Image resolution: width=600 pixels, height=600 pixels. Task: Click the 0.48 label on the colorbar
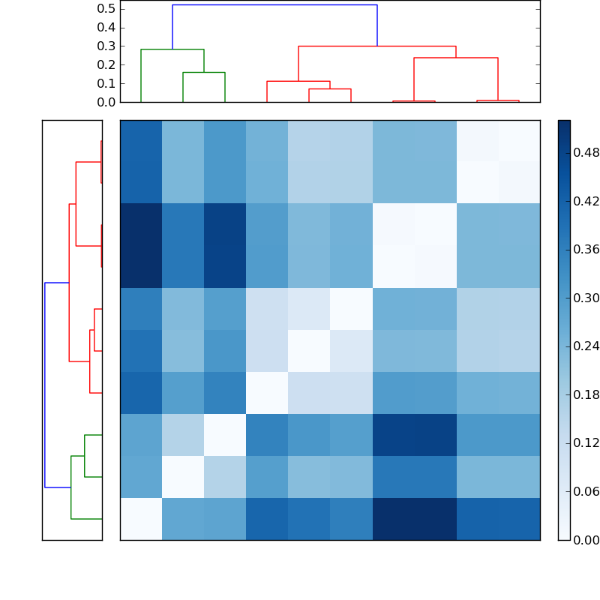586,153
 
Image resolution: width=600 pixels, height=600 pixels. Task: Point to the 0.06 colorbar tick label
586,492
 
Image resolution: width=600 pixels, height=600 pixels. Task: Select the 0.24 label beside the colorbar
586,346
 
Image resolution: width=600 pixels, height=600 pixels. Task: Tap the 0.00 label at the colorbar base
586,540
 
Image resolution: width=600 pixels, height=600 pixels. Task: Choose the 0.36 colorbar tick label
586,250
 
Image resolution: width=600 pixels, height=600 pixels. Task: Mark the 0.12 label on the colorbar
586,443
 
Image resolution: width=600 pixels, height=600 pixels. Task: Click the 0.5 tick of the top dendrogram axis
106,9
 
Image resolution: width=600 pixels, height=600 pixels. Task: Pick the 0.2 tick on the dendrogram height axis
106,64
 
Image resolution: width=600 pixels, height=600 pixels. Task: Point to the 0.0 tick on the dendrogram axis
106,102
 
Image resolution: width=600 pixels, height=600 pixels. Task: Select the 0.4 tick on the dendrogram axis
106,28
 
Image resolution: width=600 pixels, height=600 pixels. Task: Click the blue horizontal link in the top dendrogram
274,5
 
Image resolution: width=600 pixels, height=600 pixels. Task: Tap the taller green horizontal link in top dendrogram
172,49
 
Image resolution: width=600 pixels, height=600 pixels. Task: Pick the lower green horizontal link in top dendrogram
204,73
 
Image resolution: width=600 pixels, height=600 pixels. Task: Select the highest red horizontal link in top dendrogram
377,46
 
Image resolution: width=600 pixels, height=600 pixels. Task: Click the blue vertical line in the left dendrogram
45,385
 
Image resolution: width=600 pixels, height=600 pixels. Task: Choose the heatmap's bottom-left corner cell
141,519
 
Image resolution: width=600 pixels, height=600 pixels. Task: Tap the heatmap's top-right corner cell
519,141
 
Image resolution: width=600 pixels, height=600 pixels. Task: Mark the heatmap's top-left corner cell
141,141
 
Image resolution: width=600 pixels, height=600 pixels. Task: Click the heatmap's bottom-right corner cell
519,519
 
